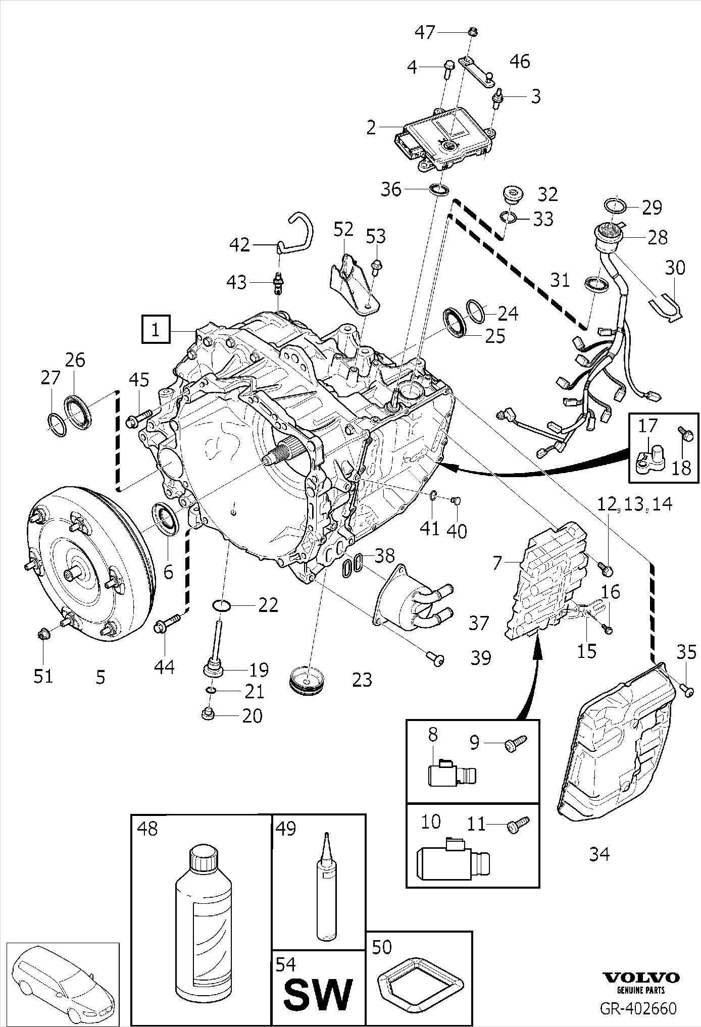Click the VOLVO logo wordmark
click(x=641, y=978)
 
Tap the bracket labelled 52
click(x=354, y=285)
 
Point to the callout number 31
click(x=560, y=280)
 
